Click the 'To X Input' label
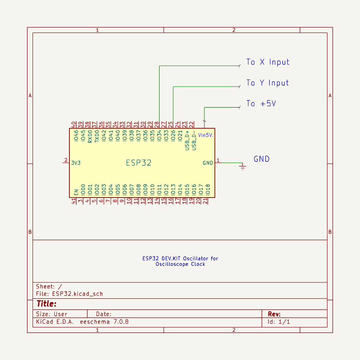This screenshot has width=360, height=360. [268, 62]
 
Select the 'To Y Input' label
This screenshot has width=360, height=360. [267, 83]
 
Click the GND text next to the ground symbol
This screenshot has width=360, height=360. [262, 159]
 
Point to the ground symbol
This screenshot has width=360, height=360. [243, 167]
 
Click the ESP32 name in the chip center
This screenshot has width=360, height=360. [139, 163]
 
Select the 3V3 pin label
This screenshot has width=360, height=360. [76, 163]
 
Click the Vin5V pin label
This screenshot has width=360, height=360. [205, 135]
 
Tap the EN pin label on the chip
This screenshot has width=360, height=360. [76, 192]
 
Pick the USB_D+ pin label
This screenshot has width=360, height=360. [187, 140]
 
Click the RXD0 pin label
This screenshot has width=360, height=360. [90, 136]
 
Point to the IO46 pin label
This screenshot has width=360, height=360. [76, 136]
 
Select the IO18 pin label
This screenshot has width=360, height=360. [208, 190]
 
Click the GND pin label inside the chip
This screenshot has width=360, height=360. [208, 163]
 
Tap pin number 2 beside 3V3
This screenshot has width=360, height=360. [66, 160]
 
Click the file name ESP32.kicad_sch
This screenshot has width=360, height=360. [77, 294]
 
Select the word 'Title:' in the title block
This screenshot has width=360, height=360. [46, 304]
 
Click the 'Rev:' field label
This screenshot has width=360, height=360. [274, 314]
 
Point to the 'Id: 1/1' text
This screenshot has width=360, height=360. [279, 322]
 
